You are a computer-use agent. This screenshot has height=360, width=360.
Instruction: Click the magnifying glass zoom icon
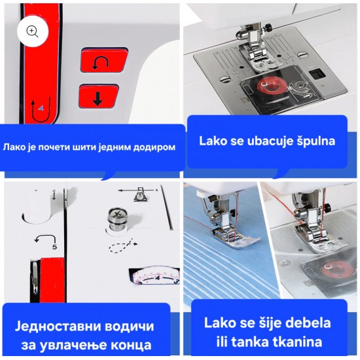32,31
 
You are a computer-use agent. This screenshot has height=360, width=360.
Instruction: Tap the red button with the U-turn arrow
104,61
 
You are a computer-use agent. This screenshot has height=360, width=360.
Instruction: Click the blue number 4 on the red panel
41,108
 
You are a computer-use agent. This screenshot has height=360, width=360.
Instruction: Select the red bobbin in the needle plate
268,88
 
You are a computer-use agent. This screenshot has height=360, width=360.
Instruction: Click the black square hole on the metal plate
317,74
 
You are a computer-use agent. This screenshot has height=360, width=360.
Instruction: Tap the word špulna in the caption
315,141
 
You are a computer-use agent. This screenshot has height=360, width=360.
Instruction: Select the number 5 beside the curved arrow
54,247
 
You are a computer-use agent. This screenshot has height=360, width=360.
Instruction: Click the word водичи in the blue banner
128,326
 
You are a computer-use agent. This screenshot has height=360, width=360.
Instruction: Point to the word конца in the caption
131,346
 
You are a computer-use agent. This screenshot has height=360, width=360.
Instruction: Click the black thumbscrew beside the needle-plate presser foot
268,27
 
